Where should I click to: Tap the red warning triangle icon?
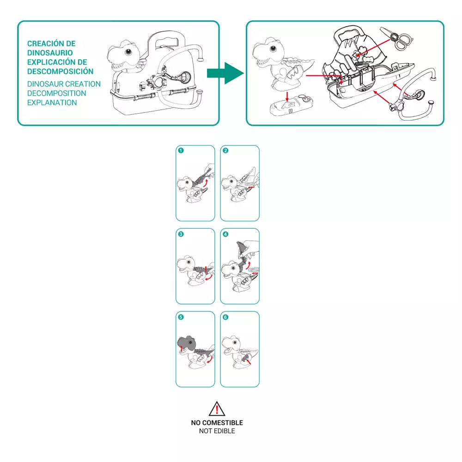point(217,409)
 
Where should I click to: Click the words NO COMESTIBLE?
point(217,423)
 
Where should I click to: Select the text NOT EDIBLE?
point(217,431)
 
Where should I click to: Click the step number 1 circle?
point(181,151)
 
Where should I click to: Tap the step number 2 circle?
point(225,151)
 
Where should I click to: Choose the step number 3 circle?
point(181,234)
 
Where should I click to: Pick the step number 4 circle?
point(225,234)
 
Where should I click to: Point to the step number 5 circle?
point(181,317)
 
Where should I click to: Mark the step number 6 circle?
point(225,317)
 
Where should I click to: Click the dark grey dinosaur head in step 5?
point(188,343)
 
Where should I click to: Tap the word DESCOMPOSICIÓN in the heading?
point(60,71)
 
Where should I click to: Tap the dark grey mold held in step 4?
point(241,250)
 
